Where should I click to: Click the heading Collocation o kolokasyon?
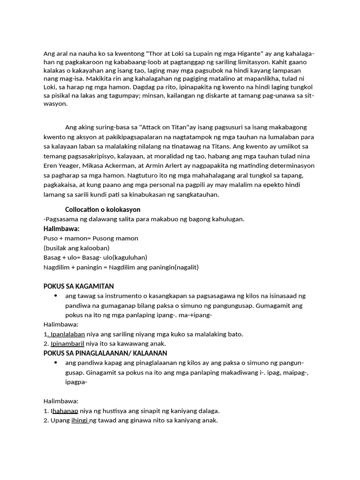coord(103,209)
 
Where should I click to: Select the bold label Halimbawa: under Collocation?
coord(61,228)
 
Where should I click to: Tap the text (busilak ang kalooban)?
coord(76,247)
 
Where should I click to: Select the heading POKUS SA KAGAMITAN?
coord(79,286)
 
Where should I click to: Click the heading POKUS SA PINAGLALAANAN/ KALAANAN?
coord(105,353)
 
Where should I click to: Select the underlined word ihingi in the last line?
coord(79,420)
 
